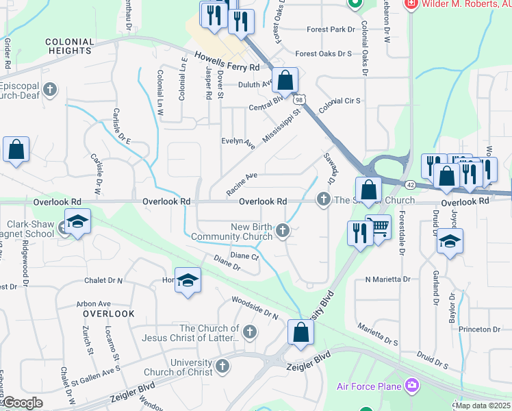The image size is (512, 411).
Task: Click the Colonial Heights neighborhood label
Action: click(x=68, y=46)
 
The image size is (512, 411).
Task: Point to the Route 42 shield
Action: click(x=409, y=185)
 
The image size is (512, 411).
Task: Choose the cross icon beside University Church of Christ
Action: click(x=222, y=367)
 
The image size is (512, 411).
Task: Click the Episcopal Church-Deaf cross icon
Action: click(x=49, y=89)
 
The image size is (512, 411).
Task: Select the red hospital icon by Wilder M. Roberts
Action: click(x=411, y=4)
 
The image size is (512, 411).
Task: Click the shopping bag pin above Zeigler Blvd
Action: click(x=300, y=332)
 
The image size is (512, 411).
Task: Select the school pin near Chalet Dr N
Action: click(x=188, y=281)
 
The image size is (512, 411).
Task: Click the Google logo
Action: click(x=22, y=403)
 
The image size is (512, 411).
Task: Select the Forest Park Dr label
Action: click(x=331, y=30)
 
